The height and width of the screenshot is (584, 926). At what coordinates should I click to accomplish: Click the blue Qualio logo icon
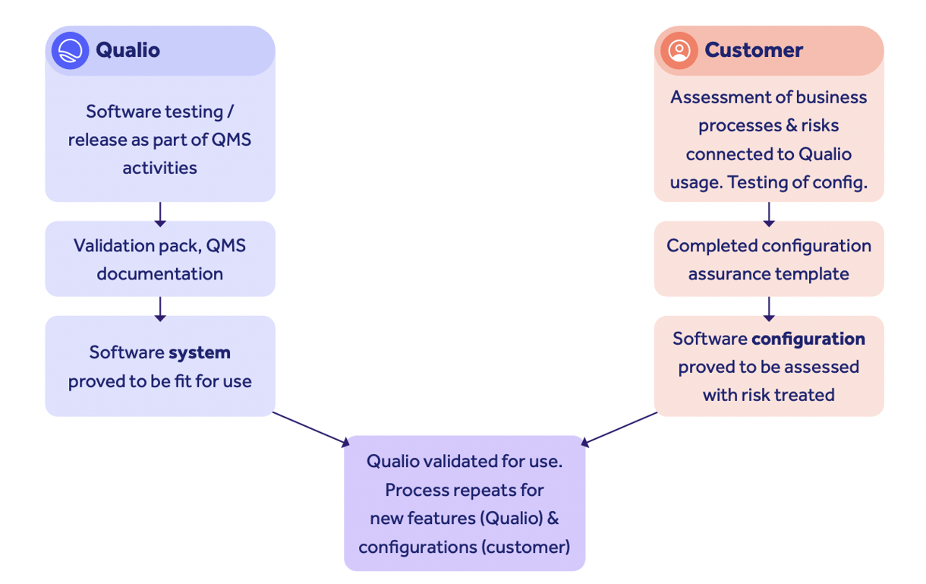[x=70, y=51]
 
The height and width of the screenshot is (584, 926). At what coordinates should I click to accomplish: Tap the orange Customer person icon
[x=679, y=51]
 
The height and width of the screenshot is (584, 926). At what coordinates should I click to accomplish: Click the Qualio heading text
[x=128, y=50]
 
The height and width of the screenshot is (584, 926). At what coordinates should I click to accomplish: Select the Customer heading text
[x=753, y=50]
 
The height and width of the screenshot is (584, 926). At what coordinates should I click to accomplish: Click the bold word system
[x=200, y=352]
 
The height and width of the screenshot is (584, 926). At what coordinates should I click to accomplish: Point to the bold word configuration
[x=808, y=339]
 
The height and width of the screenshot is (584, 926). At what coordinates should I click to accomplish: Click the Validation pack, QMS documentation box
[x=159, y=259]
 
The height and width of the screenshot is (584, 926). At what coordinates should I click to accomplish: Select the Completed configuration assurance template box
[x=768, y=259]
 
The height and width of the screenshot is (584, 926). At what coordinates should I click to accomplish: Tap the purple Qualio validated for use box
[x=465, y=503]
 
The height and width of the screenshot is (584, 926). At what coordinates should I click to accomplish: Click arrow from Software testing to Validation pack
[x=159, y=213]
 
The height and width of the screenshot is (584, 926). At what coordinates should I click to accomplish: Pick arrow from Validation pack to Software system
[x=159, y=308]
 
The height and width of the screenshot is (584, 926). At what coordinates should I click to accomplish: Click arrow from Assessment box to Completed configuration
[x=768, y=213]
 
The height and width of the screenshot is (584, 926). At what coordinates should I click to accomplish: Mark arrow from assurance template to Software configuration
[x=768, y=308]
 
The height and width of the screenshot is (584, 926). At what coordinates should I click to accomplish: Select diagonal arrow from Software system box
[x=311, y=428]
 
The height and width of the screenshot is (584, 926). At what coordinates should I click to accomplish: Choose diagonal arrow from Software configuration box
[x=619, y=428]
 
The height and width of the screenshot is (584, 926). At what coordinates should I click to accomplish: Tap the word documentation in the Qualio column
[x=159, y=273]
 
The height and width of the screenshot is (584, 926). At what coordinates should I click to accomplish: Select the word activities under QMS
[x=159, y=168]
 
